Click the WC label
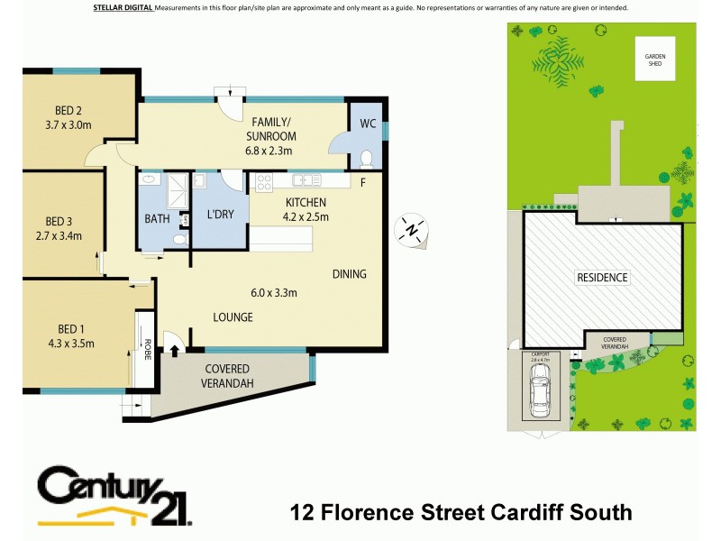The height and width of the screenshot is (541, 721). click(368, 123)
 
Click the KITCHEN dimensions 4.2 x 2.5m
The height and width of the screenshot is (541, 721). click(306, 216)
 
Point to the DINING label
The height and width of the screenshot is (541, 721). click(349, 274)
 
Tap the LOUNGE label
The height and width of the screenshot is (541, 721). click(233, 317)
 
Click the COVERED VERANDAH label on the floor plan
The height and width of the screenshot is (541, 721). click(227, 376)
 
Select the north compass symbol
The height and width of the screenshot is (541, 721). click(412, 229)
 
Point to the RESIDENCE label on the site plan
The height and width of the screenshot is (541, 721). click(602, 278)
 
